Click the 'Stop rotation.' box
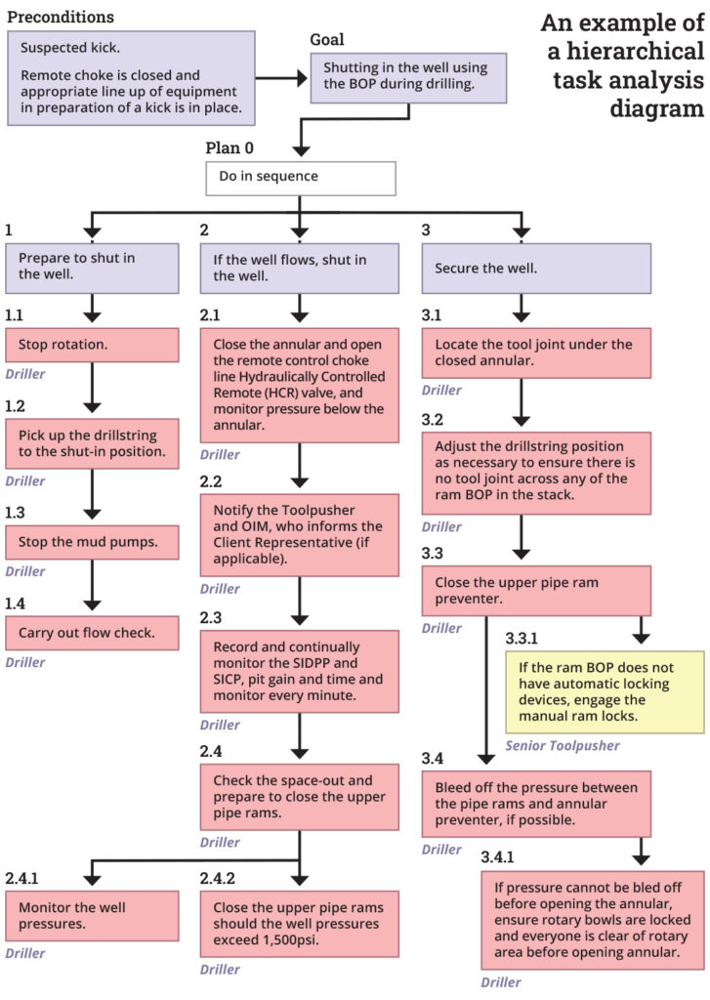click(92, 345)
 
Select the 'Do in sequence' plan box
click(300, 178)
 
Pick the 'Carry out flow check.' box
click(92, 633)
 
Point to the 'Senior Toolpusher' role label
click(562, 745)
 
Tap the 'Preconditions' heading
click(61, 17)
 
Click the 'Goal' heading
click(327, 40)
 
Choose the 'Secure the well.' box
click(535, 268)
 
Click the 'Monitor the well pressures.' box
click(92, 914)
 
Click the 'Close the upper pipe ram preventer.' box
click(535, 591)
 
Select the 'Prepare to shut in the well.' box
click(92, 268)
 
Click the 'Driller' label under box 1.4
click(24, 662)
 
